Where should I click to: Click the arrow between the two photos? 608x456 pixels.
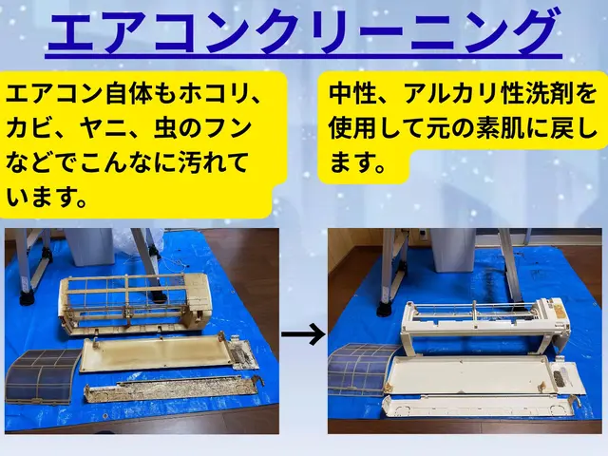pyautogui.click(x=302, y=334)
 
